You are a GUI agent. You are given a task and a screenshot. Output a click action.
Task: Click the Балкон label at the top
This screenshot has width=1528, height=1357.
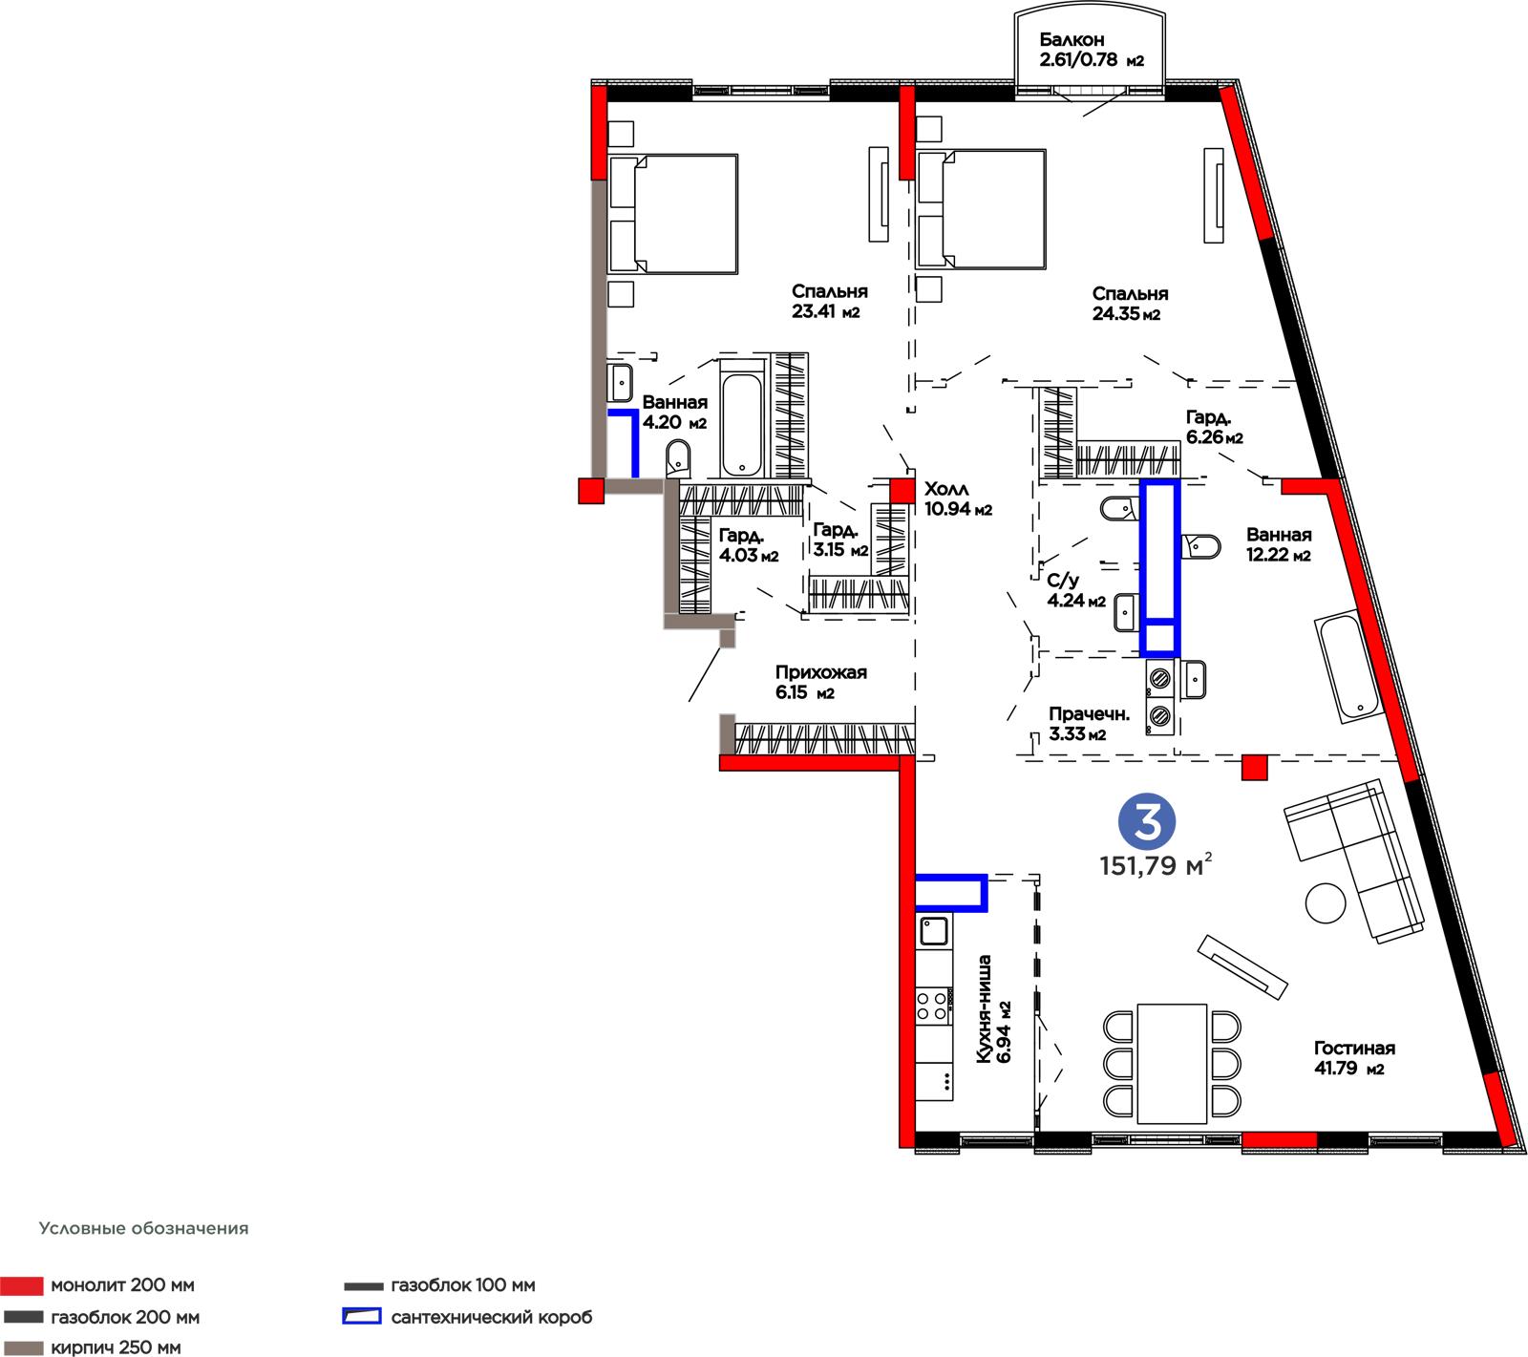pyautogui.click(x=1072, y=40)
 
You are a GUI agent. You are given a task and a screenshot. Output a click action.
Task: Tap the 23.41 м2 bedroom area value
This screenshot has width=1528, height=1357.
pyautogui.click(x=826, y=311)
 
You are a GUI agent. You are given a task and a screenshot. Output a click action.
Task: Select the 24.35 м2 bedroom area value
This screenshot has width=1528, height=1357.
pyautogui.click(x=1126, y=314)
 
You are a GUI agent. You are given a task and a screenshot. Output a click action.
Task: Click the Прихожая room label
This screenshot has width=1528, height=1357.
pyautogui.click(x=820, y=673)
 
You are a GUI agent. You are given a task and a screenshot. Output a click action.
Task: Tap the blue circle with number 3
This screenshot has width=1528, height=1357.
pyautogui.click(x=1148, y=823)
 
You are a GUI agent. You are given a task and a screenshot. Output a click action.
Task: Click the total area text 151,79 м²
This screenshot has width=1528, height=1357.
pyautogui.click(x=1156, y=866)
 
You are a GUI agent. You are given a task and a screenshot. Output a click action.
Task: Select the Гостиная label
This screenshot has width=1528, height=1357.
pyautogui.click(x=1354, y=1048)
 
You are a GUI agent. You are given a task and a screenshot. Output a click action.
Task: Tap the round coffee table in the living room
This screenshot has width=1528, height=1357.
pyautogui.click(x=1325, y=902)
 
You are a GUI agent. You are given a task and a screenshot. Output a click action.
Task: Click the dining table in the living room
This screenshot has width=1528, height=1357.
pyautogui.click(x=1171, y=1063)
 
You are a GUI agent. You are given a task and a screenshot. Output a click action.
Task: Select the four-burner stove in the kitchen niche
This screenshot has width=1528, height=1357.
pyautogui.click(x=934, y=1006)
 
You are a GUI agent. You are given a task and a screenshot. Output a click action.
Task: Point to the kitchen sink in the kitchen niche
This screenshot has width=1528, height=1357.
pyautogui.click(x=934, y=931)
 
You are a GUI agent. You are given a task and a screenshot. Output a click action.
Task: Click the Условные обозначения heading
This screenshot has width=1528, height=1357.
pyautogui.click(x=143, y=1228)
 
